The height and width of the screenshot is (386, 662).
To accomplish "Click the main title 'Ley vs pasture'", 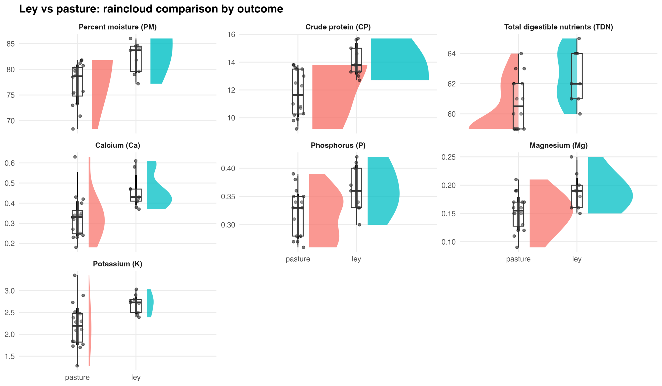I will click(x=151, y=9).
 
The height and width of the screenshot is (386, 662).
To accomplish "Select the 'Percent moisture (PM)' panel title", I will click(x=118, y=27).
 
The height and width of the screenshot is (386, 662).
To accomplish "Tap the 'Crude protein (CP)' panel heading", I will click(x=338, y=27).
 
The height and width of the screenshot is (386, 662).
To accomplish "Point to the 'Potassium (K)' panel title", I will click(x=118, y=264).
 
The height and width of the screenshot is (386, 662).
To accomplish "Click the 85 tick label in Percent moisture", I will click(x=11, y=44).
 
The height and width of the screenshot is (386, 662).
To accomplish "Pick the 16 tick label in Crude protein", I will click(x=231, y=34).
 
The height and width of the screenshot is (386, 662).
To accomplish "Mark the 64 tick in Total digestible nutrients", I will click(x=451, y=54).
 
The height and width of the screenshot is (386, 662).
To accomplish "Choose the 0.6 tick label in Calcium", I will click(x=10, y=163).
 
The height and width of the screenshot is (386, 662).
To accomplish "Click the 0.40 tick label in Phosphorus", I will click(x=228, y=168).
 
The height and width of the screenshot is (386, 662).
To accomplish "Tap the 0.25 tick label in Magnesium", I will click(x=448, y=157).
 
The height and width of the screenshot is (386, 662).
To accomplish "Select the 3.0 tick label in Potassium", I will click(x=10, y=291).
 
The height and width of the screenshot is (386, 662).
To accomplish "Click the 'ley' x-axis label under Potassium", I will click(x=136, y=377).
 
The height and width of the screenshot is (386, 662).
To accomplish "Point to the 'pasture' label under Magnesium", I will click(x=518, y=259).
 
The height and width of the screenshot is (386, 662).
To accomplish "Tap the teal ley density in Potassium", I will click(x=150, y=303).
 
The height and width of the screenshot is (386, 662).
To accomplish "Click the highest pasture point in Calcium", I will click(x=75, y=157).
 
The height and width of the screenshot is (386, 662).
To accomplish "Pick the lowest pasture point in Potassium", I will click(x=77, y=366).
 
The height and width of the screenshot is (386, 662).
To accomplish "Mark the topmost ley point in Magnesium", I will click(x=571, y=157).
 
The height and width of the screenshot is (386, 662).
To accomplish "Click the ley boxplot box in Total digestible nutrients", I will click(x=577, y=76).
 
